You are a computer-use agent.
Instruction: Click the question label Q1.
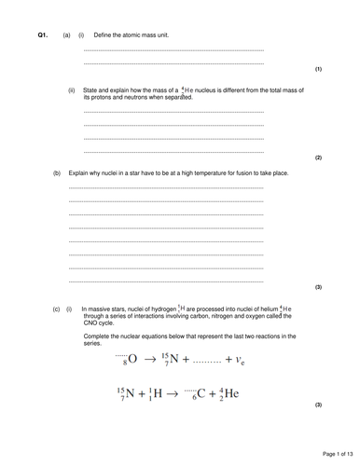[x=42, y=35]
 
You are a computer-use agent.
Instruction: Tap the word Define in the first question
[x=104, y=35]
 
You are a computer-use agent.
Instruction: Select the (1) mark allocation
[x=318, y=70]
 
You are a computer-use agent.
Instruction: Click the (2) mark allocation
[x=318, y=158]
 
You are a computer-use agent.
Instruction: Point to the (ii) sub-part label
[x=72, y=90]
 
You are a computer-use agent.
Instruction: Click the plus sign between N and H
[x=141, y=393]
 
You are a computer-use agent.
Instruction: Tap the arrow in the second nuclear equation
[x=174, y=393]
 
